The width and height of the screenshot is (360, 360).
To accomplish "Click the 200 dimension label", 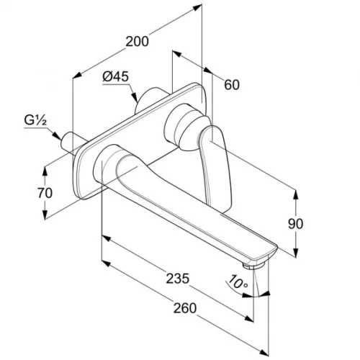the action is coord(137,41).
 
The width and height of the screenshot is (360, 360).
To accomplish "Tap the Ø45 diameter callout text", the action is coord(116,77).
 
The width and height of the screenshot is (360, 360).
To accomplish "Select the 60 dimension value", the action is coord(232,85).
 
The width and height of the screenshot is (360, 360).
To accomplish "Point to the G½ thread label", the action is coord(35,121).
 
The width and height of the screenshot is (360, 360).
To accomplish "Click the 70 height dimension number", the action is coord(45,193).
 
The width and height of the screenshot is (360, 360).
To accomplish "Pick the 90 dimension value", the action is coord(295,224).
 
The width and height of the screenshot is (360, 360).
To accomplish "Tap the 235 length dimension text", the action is coord(178,279).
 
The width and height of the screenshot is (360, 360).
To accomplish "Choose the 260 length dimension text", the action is coord(185,308).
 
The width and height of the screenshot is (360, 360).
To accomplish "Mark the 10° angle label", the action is coord(237,282).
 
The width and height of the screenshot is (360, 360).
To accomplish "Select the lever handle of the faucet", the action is coord(214,166).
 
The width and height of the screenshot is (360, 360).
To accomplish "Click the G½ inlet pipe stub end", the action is coord(66,142).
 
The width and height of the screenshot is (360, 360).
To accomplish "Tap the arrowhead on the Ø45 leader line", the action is coord(135,98).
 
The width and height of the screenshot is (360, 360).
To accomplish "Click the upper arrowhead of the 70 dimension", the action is coord(45,171).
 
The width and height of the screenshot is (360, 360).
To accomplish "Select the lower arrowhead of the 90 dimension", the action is coord(296,253).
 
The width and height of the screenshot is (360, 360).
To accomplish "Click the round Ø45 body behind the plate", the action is coord(149,99).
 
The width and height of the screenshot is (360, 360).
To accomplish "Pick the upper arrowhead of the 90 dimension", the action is coord(296,196).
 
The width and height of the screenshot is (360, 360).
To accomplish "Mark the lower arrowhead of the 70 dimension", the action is coord(45,214).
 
